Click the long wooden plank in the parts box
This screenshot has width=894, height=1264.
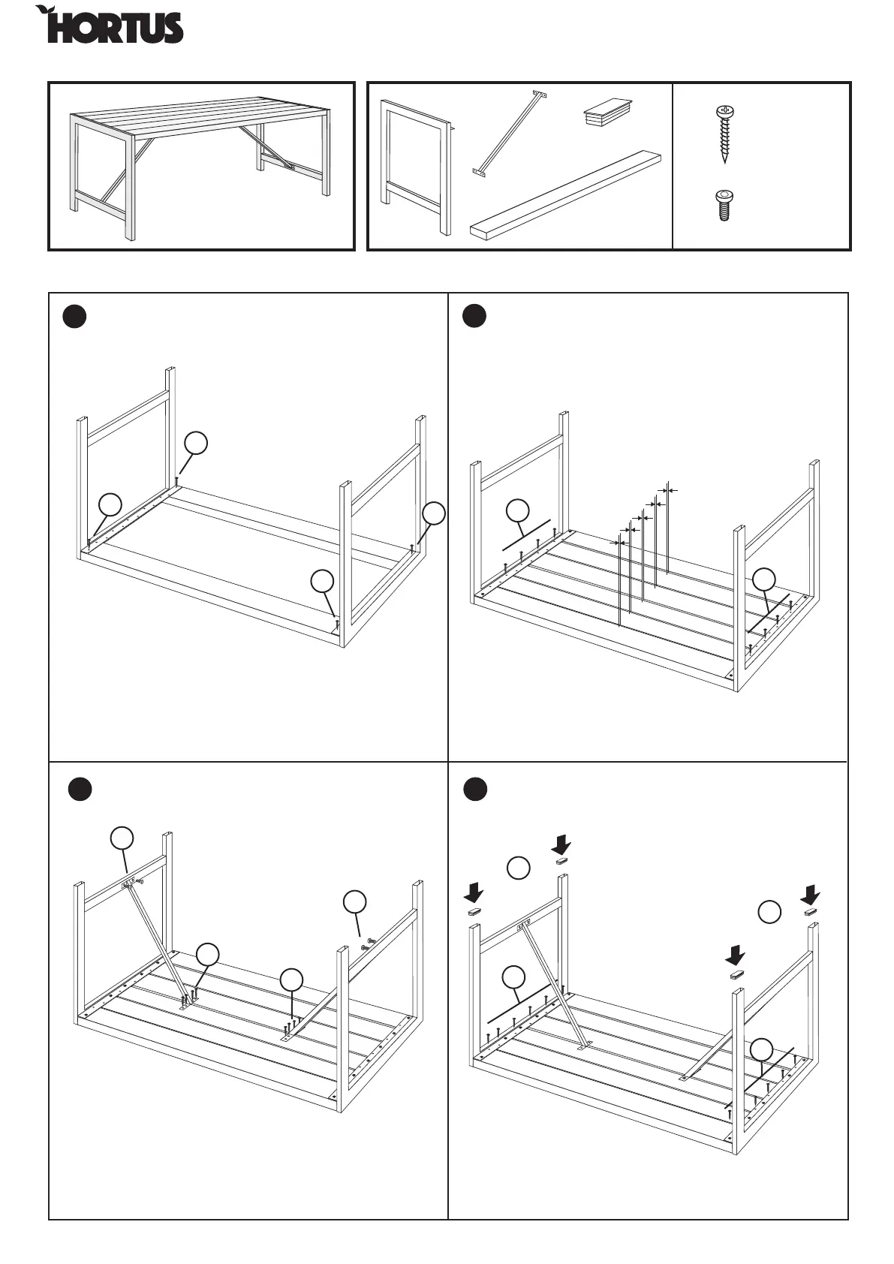tap(567, 194)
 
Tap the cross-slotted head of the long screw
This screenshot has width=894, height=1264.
tap(724, 112)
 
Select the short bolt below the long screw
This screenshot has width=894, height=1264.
tap(724, 205)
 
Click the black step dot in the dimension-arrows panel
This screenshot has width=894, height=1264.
tap(474, 316)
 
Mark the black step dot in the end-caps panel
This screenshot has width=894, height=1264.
tap(474, 790)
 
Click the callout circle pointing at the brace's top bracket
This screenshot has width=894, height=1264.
tap(122, 838)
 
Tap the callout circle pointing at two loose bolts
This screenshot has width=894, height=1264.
tap(355, 901)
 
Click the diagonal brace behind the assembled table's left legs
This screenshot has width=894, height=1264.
tap(114, 187)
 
